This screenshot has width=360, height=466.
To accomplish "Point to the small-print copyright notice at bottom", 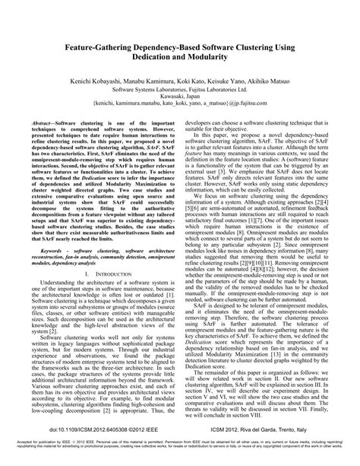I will tap(179, 458).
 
